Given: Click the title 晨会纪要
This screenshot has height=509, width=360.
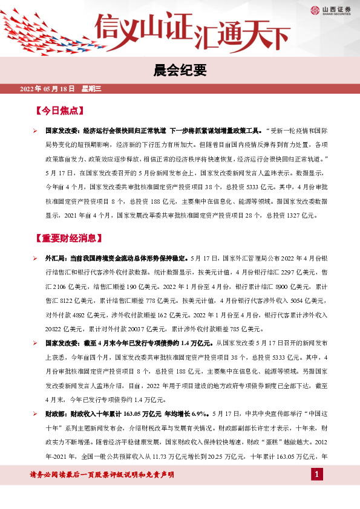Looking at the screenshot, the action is click(180, 69).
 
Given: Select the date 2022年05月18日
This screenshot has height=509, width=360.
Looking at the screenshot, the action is click(47, 89).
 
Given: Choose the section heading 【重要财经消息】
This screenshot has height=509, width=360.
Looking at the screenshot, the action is click(68, 238).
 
